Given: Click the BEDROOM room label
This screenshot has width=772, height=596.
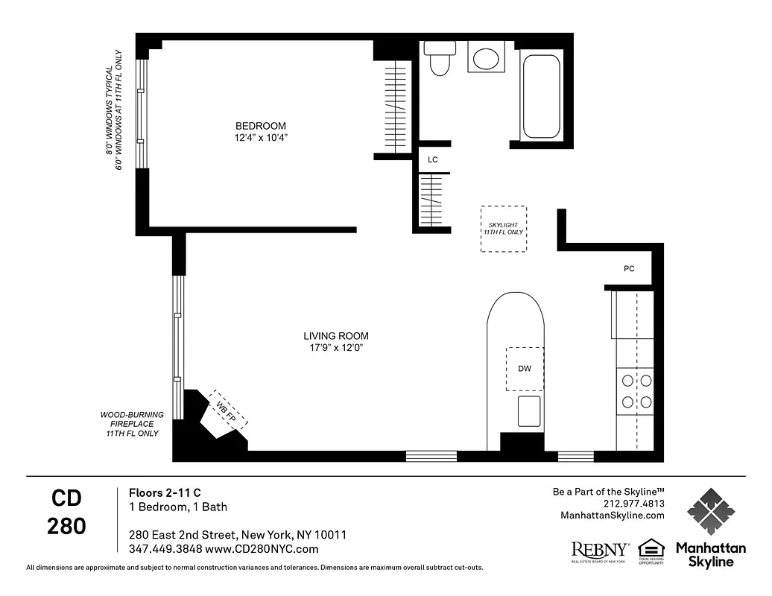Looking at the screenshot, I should (x=260, y=126).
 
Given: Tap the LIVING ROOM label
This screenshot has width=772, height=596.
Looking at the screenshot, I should (x=335, y=336).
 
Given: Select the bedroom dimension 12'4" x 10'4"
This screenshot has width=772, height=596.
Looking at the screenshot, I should (x=260, y=138).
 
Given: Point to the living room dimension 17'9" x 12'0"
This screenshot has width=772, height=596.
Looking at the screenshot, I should (x=335, y=348).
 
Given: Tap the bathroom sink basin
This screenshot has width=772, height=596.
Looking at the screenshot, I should (x=487, y=58).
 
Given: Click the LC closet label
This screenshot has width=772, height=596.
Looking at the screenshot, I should (x=432, y=159).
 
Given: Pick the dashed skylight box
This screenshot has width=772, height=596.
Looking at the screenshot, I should (x=503, y=229).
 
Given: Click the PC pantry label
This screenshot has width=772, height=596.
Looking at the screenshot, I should (x=629, y=269).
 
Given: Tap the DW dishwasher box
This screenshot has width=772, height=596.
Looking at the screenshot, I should (x=525, y=368).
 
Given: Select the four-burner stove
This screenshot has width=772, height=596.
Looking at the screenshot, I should (x=636, y=391).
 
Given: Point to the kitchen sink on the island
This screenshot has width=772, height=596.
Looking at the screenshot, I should (x=529, y=410).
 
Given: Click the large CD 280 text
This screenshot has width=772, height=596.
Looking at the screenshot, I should (x=66, y=513).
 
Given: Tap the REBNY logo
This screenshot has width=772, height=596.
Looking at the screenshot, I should (x=600, y=551).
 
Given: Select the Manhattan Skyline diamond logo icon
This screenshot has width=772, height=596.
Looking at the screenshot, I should (x=710, y=512).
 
